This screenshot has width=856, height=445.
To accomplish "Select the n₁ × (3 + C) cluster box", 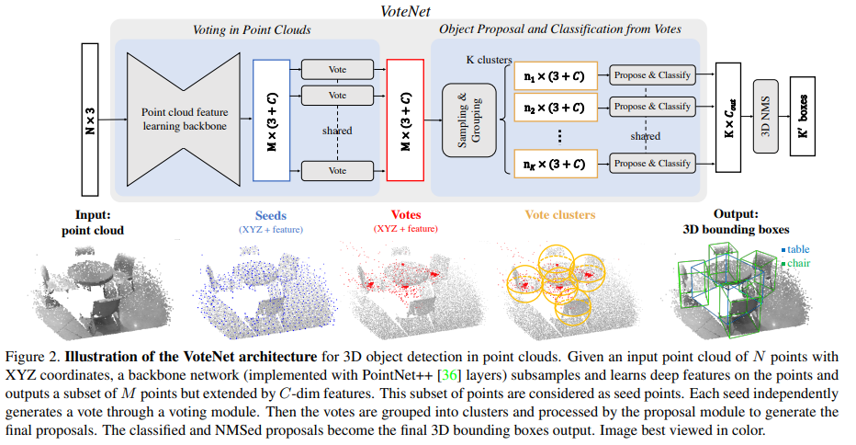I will (551, 75).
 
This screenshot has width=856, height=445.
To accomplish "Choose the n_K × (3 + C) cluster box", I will (551, 163).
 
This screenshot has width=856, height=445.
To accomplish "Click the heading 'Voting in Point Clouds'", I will (251, 29).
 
